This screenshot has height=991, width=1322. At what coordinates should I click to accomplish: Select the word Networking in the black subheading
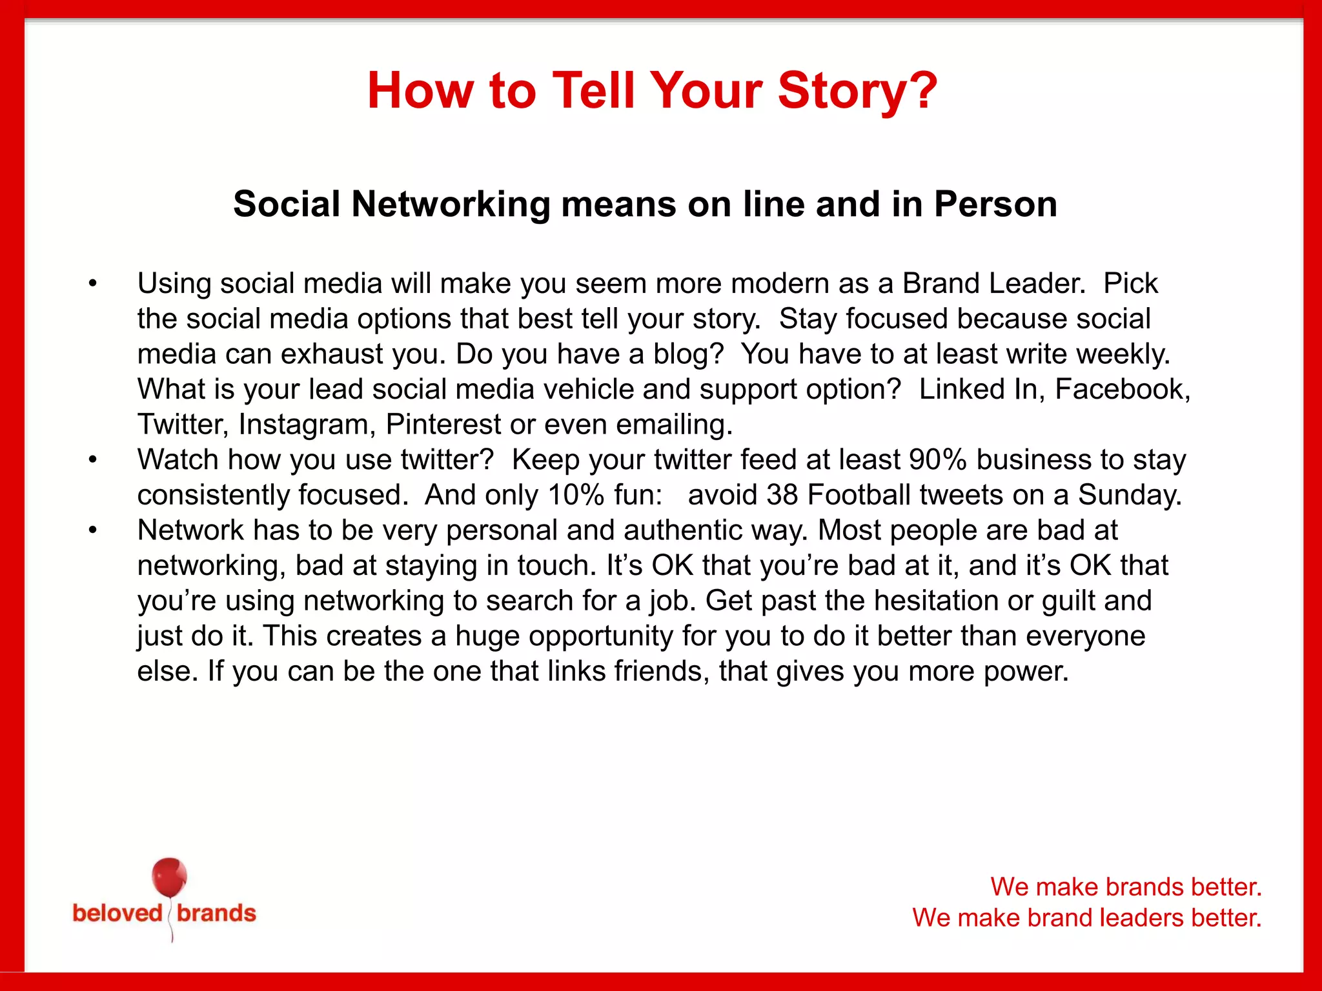[451, 205]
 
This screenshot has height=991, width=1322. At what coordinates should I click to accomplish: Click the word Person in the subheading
[995, 205]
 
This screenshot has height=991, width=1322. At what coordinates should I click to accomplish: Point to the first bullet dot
[93, 283]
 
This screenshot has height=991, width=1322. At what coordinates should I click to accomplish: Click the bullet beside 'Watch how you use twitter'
[93, 459]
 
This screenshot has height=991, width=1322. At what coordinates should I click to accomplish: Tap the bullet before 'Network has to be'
[93, 530]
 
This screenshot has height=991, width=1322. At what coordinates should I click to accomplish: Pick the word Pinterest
[443, 425]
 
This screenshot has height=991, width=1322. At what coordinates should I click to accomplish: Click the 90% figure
[938, 459]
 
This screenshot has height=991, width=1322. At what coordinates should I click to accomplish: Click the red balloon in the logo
[169, 877]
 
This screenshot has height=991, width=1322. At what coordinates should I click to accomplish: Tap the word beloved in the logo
[117, 913]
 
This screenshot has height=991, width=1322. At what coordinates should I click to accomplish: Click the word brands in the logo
[216, 913]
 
